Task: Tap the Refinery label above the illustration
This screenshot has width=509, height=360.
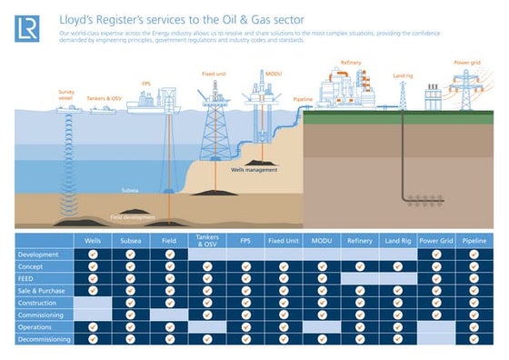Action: [x=351, y=63]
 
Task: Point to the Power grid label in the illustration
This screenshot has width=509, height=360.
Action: [x=466, y=63]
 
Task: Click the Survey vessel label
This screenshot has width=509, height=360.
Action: [x=67, y=95]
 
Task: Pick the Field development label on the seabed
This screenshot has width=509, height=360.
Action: [x=129, y=218]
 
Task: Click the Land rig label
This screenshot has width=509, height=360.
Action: [x=403, y=75]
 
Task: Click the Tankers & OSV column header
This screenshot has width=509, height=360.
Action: [x=207, y=241]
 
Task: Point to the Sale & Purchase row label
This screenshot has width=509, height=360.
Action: [x=43, y=290]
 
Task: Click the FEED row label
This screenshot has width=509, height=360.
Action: [x=27, y=278]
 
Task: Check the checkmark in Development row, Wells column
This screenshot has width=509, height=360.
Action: [x=93, y=255]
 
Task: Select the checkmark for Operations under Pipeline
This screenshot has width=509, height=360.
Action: [x=473, y=327]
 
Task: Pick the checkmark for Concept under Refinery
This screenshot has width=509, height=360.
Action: [x=359, y=266]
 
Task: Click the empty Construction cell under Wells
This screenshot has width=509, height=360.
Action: [x=93, y=303]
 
